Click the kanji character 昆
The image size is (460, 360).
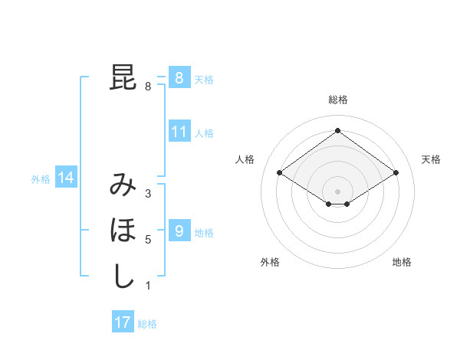[123, 78]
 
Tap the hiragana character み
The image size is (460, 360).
[123, 185]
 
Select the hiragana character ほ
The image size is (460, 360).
[123, 230]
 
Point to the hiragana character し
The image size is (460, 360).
[123, 276]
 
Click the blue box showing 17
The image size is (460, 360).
[123, 322]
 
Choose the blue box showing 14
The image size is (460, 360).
[66, 178]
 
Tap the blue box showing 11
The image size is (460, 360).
[179, 132]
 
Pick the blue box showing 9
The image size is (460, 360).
[179, 231]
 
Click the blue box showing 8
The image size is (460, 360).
[179, 78]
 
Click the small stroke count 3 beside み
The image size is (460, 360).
[148, 194]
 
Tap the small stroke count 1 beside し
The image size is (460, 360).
[148, 286]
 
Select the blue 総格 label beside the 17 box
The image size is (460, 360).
[147, 324]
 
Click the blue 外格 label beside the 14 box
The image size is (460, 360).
[41, 179]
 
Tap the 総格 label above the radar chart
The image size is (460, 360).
[337, 100]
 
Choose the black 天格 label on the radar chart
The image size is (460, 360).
[432, 159]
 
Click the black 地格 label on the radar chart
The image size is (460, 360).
[402, 262]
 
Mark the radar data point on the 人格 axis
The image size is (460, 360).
[279, 173]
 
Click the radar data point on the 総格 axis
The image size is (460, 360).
[337, 130]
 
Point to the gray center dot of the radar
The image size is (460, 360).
[337, 190]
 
